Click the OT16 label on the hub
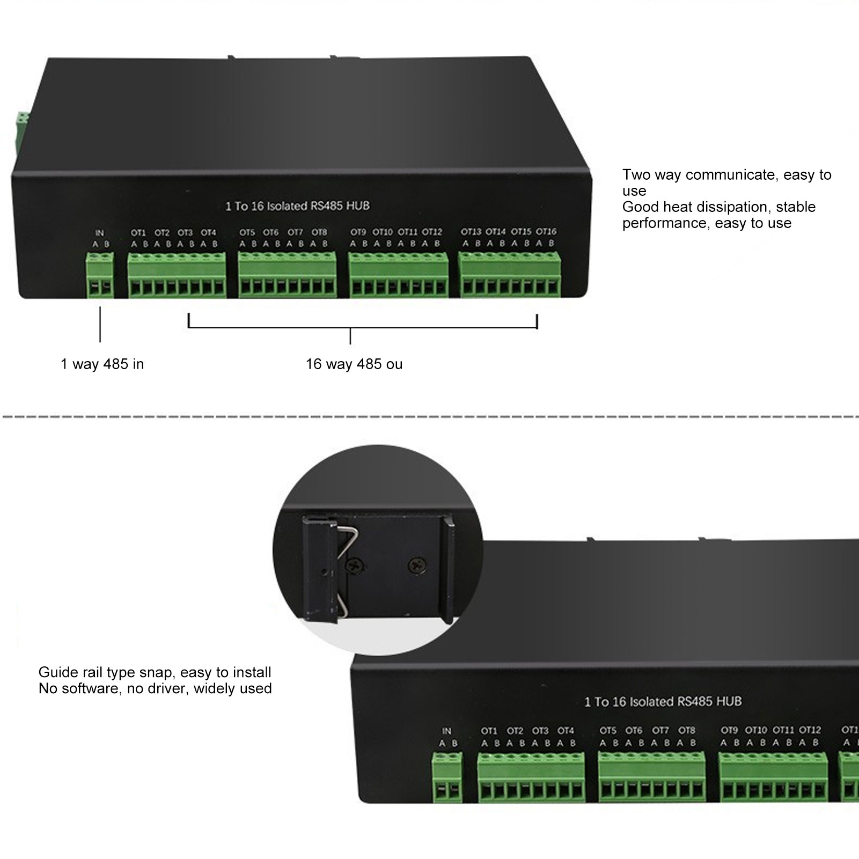pos(546,232)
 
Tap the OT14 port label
pos(495,232)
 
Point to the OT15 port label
pos(520,232)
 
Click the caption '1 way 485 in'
pos(102,364)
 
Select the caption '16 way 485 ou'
pos(354,364)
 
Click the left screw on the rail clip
pos(355,564)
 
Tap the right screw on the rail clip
pos(417,564)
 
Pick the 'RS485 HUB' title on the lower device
pos(709,701)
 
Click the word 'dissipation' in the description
pos(732,207)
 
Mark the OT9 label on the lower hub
pos(729,730)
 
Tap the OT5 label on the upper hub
pos(247,232)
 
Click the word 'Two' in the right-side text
pos(635,175)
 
